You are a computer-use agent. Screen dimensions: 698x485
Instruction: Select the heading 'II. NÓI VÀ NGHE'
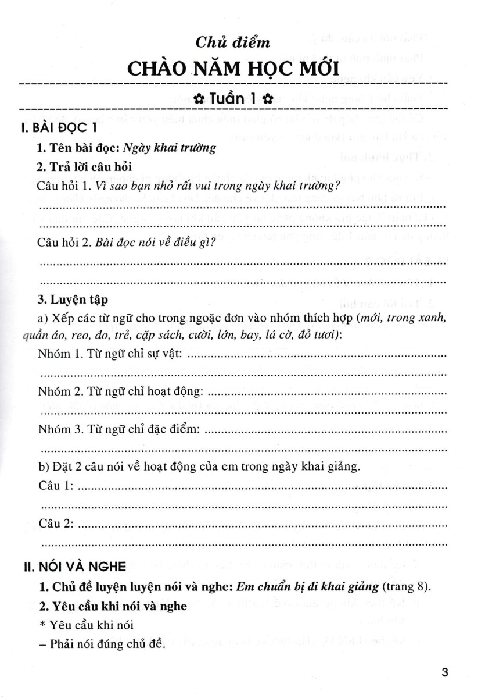pyautogui.click(x=63, y=563)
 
